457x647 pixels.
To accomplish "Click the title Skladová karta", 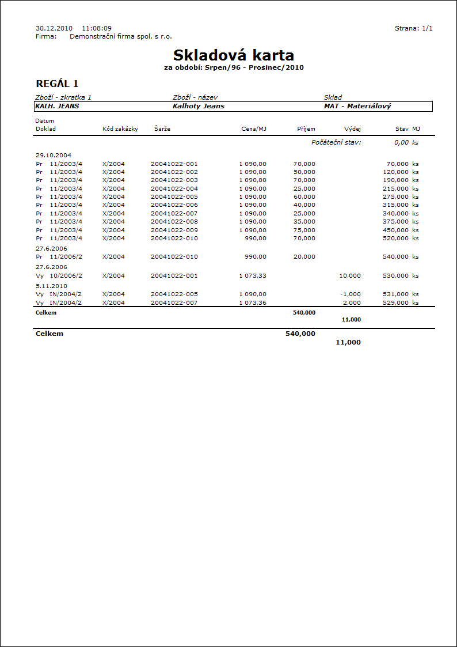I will (x=233, y=55).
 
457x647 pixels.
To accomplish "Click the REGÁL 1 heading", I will (x=57, y=84).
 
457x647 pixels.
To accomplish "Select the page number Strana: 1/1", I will (x=413, y=28).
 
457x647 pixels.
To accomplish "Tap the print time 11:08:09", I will (x=97, y=28).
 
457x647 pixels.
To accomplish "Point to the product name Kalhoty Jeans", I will (x=198, y=106).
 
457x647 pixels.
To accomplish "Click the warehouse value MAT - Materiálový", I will (x=357, y=106).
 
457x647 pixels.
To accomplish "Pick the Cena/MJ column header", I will (x=254, y=129).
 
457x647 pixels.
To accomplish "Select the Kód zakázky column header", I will (x=120, y=129).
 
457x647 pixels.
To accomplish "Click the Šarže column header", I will (x=162, y=129).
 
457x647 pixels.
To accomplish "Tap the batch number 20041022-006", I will (x=174, y=205).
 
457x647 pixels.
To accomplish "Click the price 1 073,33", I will (x=253, y=276).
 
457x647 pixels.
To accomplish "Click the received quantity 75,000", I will (x=304, y=230).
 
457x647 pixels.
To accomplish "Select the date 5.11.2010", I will (x=51, y=286).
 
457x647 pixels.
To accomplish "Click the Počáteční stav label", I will (x=336, y=142).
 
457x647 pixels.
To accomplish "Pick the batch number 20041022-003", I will (x=174, y=180).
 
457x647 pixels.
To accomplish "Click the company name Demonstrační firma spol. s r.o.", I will (x=120, y=36).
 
